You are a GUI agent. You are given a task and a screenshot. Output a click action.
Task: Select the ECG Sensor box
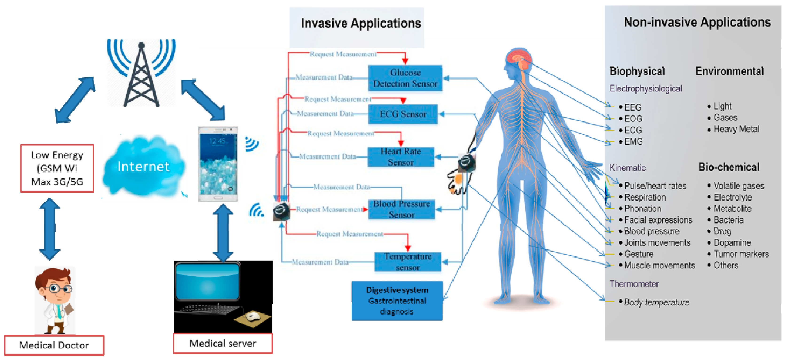click(x=403, y=114)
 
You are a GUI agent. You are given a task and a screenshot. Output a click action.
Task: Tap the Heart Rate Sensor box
click(x=400, y=157)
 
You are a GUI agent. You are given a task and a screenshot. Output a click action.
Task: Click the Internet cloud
click(x=143, y=167)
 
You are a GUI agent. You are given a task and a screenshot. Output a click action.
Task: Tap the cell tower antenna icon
click(x=141, y=73)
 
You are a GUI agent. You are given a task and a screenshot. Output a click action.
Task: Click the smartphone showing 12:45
click(x=218, y=164)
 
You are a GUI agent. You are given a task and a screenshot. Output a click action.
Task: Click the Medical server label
click(x=223, y=344)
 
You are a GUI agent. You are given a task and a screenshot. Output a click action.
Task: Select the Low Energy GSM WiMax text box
click(x=57, y=168)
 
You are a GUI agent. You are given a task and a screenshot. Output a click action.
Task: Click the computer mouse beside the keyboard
click(x=253, y=317)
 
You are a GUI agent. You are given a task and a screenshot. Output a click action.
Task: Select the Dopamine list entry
click(x=732, y=243)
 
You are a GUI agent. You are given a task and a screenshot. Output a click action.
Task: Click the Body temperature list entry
click(x=656, y=302)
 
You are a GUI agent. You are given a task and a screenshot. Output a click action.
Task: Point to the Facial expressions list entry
click(x=658, y=220)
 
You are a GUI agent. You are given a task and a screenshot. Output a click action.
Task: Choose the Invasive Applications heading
click(x=361, y=23)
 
